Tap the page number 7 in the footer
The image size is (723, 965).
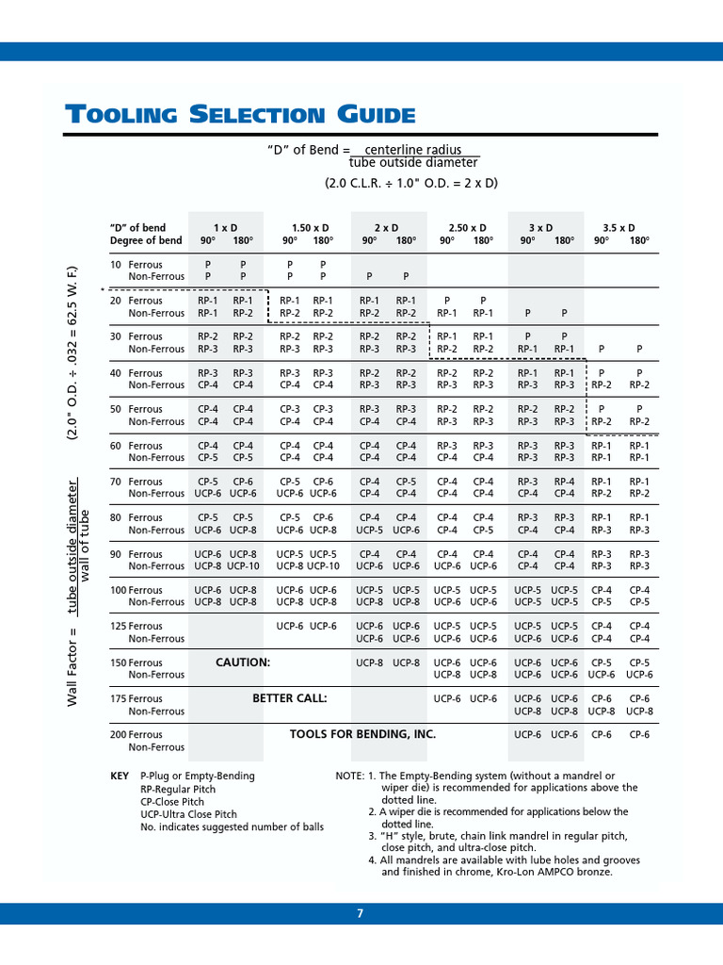pos(360,913)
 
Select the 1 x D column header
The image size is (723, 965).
pos(225,228)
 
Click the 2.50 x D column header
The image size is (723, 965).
pos(467,228)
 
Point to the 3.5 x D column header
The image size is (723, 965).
pos(619,228)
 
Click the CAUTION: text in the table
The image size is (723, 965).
pos(243,662)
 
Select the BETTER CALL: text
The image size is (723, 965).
pos(289,698)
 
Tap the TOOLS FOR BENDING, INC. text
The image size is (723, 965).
pos(362,733)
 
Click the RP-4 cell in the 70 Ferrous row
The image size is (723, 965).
pos(564,482)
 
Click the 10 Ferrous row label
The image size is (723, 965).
pos(137,265)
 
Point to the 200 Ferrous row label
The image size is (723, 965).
pos(137,734)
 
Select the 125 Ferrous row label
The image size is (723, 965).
pos(137,626)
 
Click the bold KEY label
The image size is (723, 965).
pos(120,776)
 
